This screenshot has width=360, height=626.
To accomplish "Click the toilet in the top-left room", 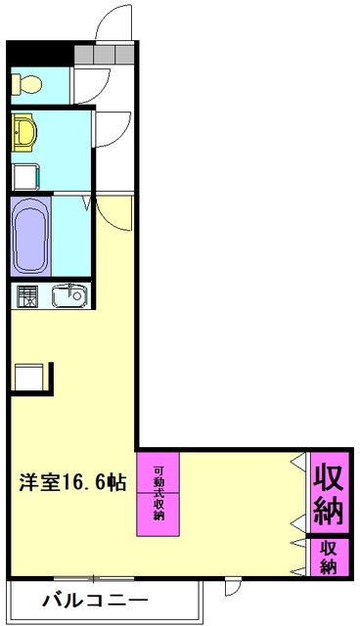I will [x=25, y=84].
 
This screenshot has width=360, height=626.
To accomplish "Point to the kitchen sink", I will [x=68, y=294].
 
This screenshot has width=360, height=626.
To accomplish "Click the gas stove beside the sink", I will [x=25, y=294].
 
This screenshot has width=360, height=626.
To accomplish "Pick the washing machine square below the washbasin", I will [x=25, y=176].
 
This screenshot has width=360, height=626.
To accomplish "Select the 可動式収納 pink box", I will [x=158, y=494].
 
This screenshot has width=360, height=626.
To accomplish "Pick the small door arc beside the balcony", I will [x=232, y=589].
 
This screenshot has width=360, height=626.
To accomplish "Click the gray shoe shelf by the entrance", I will [x=105, y=54].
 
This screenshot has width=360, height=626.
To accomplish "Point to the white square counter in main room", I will [x=29, y=376].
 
